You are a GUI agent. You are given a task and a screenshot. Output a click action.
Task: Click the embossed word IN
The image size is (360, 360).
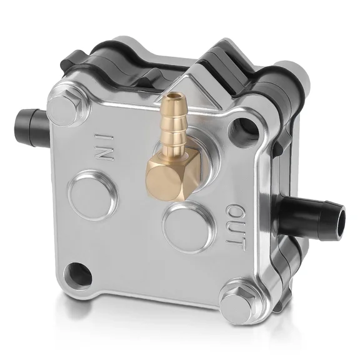click(104, 146)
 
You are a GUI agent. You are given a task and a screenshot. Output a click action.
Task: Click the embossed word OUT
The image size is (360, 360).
click(234, 227)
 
